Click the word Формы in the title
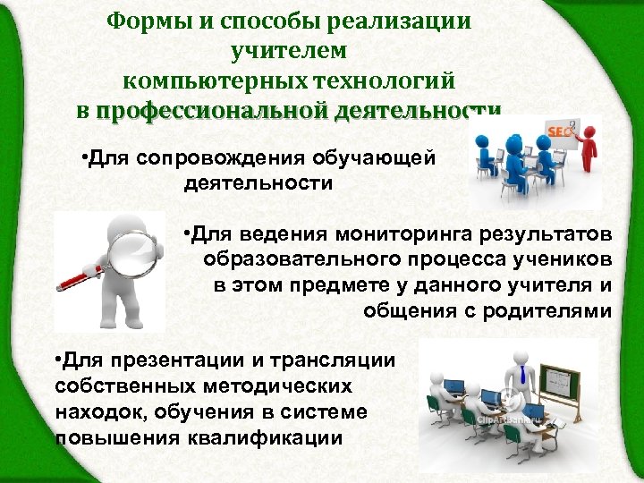143,20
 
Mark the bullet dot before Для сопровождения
82,159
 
